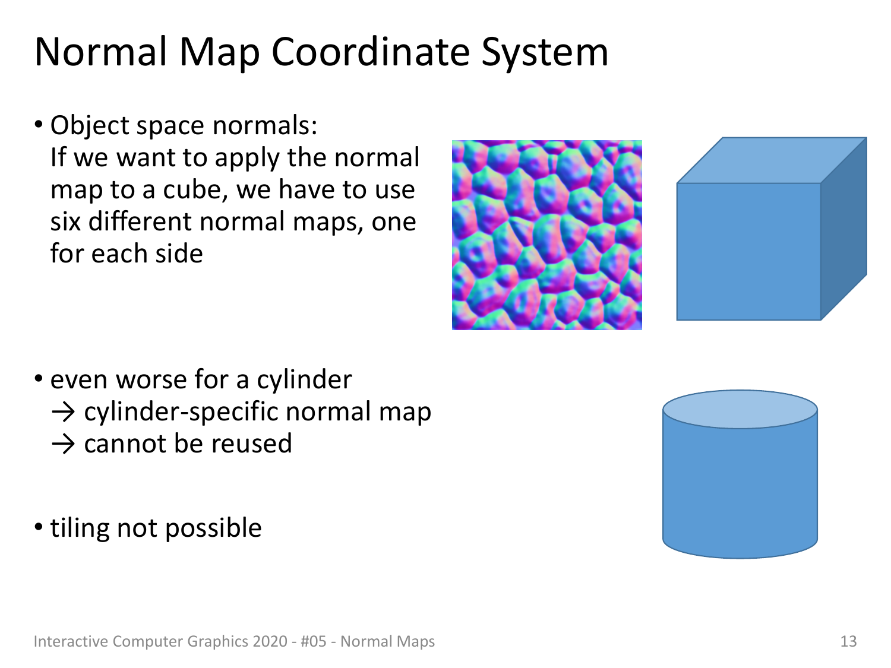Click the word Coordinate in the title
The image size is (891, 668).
[371, 52]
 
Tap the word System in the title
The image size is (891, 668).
[545, 54]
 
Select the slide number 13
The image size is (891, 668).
[848, 641]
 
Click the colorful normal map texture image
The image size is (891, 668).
[547, 235]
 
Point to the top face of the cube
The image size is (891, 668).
[771, 160]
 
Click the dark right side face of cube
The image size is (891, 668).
[844, 229]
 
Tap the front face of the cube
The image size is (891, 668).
[748, 251]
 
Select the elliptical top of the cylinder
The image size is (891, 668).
[740, 409]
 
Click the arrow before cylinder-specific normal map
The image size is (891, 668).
[64, 413]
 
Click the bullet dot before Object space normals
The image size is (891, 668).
[39, 125]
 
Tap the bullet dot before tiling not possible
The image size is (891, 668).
[39, 527]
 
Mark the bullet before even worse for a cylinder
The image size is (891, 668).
[39, 379]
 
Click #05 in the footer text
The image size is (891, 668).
[314, 641]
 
